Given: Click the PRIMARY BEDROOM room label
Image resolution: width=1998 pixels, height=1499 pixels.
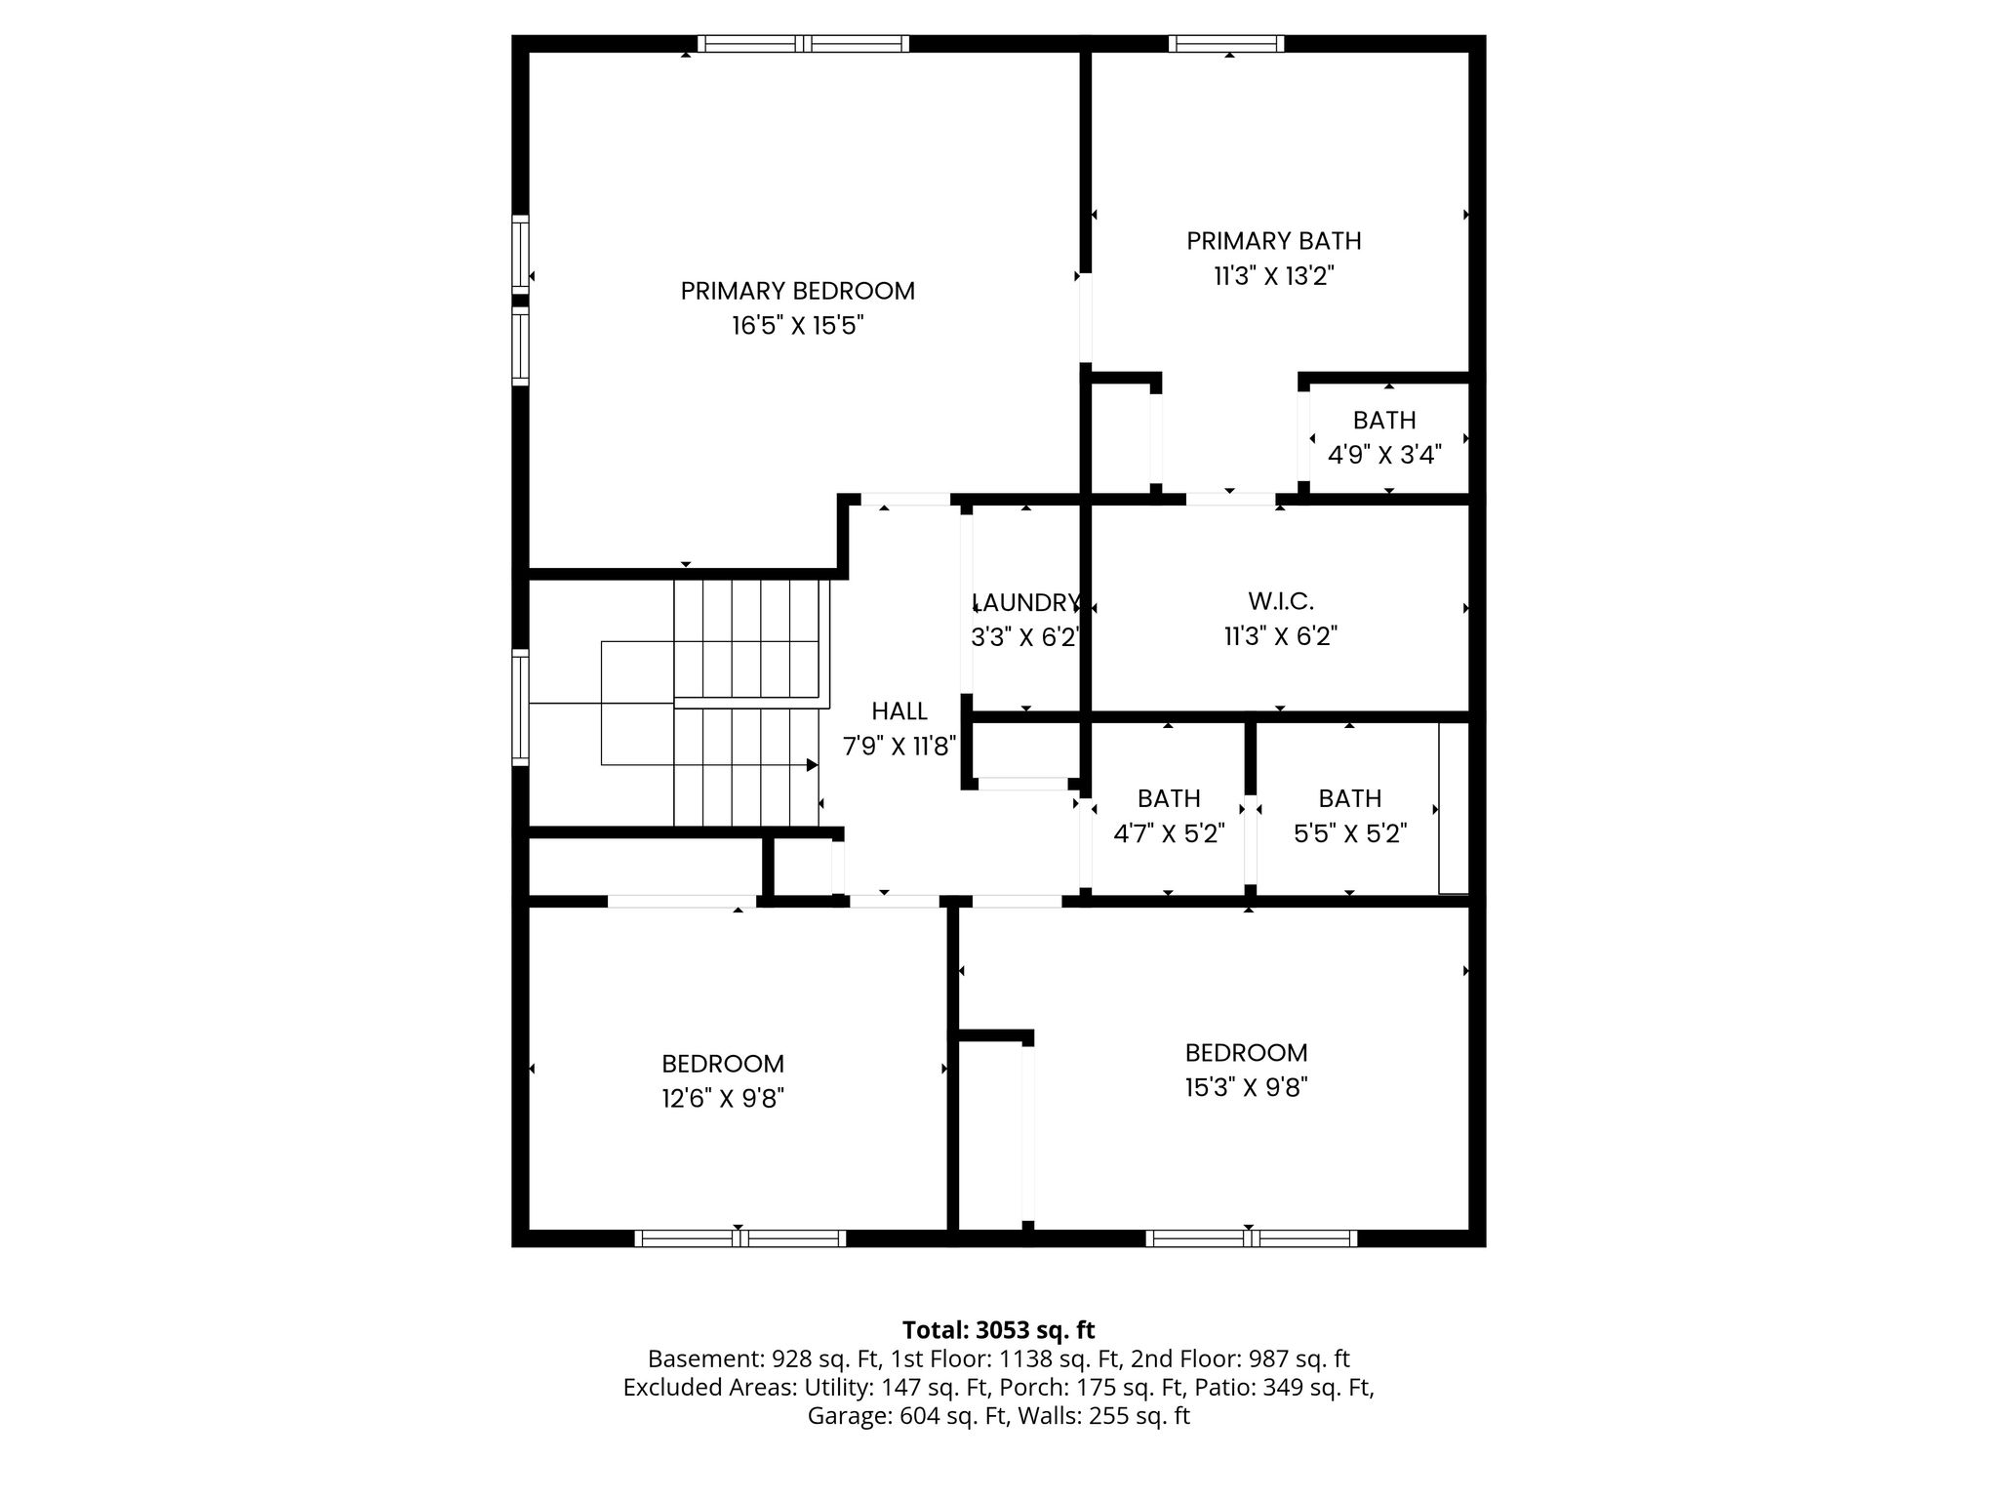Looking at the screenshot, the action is pos(797,291).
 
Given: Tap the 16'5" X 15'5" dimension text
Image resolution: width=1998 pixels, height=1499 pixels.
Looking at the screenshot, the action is pos(798,326).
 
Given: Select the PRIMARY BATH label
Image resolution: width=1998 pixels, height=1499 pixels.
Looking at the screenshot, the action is pos(1273,241).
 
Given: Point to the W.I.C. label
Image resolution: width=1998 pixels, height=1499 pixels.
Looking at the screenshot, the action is pos(1280,601).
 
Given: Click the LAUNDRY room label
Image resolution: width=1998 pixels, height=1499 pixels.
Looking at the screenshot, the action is pos(1026,602).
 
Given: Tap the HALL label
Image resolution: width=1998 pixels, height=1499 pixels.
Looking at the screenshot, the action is pos(899,711).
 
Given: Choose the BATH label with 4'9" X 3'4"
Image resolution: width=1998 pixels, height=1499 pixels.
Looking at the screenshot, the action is pos(1384,421).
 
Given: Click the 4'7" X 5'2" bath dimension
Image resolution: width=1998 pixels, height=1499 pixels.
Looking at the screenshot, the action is pos(1169,834).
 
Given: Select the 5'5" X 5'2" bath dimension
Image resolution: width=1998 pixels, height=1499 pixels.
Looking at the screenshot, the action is pos(1350,834).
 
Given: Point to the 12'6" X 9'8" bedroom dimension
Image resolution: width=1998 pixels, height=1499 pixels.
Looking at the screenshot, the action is pos(723,1099).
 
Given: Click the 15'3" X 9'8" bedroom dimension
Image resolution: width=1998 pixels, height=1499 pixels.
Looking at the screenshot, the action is pos(1246,1087).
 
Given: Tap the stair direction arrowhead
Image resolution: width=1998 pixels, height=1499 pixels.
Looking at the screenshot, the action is pos(812,765).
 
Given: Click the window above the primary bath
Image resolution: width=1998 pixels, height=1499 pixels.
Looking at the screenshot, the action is pos(1226,43).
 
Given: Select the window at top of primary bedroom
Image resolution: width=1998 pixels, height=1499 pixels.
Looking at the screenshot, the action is pos(803,43).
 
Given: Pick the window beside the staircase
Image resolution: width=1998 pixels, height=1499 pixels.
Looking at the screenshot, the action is pos(521,707).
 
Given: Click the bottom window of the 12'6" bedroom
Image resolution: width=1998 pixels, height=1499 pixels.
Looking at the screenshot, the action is pos(740,1238).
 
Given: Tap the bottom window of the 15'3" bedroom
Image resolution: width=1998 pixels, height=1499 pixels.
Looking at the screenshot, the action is pos(1252,1238).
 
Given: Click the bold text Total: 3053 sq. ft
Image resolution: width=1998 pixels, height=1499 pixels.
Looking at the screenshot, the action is pos(999,1330).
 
